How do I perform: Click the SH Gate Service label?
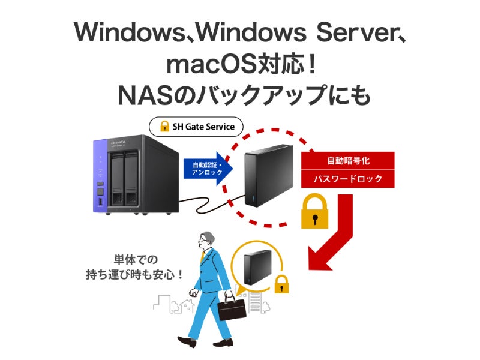pyautogui.click(x=196, y=127)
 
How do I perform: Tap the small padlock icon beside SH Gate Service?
pyautogui.click(x=164, y=127)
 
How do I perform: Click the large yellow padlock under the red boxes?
pyautogui.click(x=315, y=211)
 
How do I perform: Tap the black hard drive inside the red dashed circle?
pyautogui.click(x=268, y=175)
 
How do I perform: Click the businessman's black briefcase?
pyautogui.click(x=232, y=306)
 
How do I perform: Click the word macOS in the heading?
pyautogui.click(x=199, y=65)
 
